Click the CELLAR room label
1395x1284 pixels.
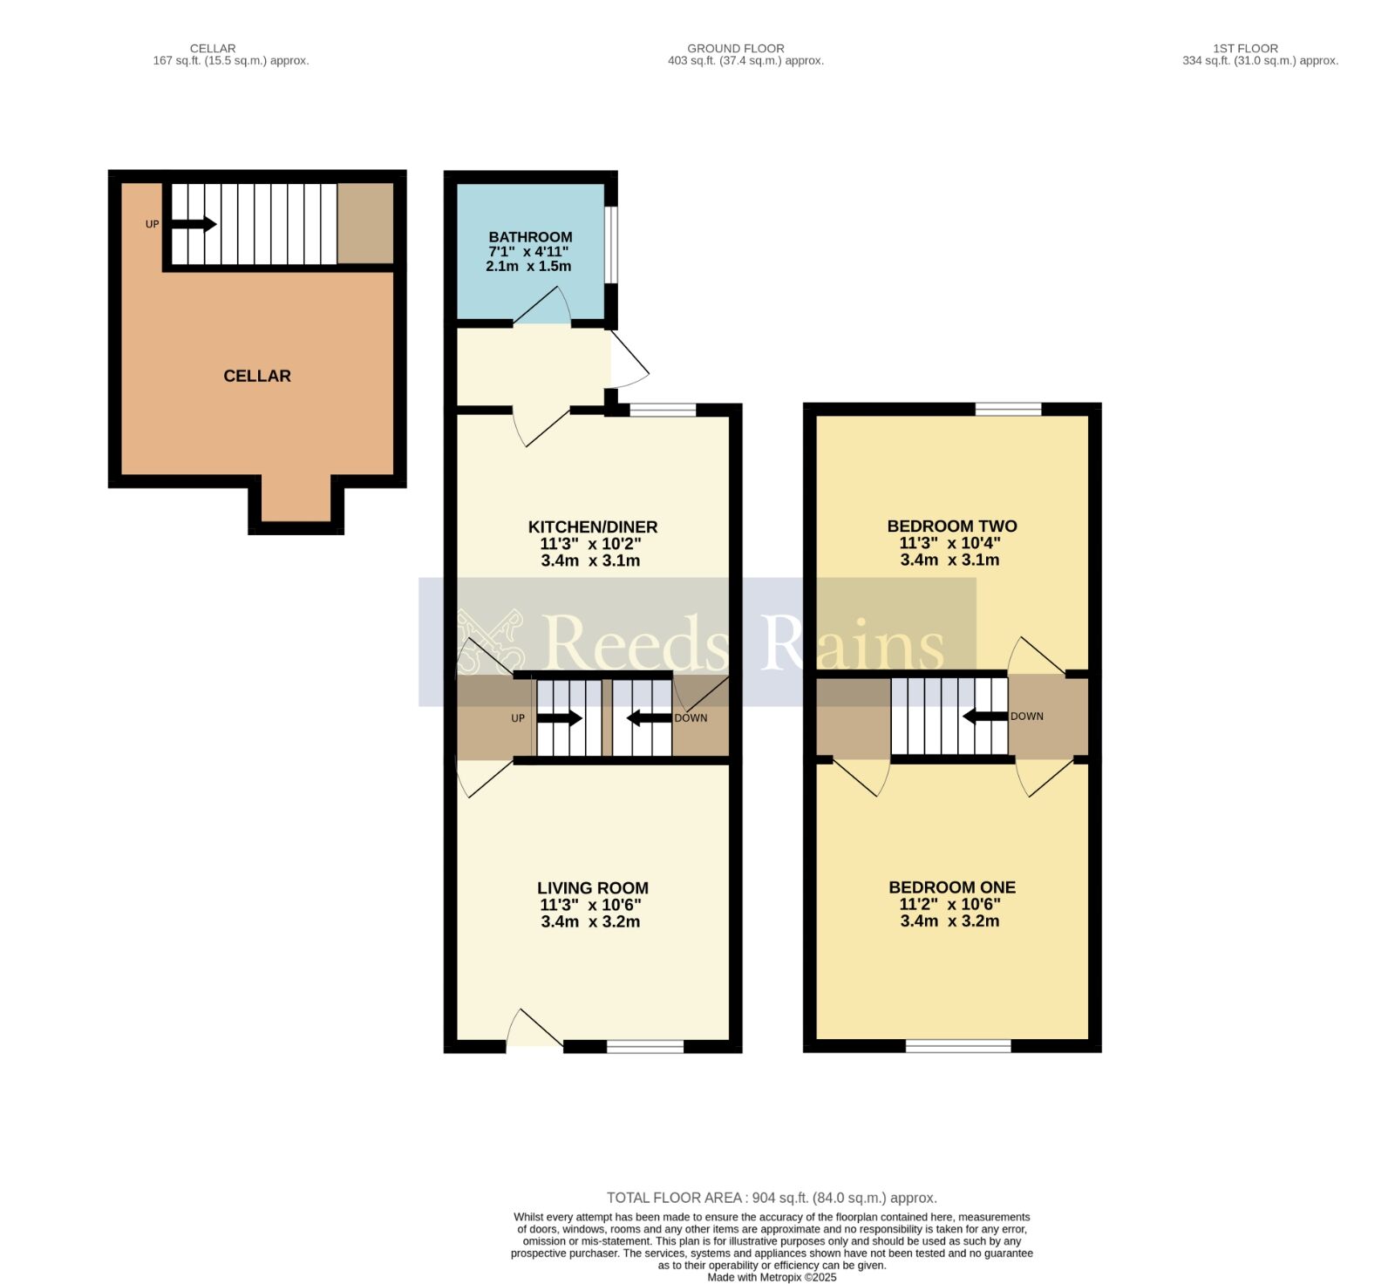257,376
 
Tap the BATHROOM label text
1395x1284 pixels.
530,237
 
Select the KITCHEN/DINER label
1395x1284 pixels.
593,527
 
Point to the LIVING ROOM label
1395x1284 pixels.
593,887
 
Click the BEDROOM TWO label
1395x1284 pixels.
952,526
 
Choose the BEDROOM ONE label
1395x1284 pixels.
952,887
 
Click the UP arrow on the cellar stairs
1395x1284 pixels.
193,224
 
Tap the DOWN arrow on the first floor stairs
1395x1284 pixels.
985,717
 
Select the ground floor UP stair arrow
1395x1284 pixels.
559,718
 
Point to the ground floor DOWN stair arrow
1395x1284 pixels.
650,718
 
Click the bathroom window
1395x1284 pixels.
612,245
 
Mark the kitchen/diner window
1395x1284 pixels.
663,409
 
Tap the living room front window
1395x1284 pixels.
645,1046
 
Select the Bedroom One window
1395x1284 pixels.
958,1045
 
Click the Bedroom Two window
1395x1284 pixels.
1009,409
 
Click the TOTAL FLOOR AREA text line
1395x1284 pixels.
772,1198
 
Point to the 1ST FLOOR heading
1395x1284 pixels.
1245,49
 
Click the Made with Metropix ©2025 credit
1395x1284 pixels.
772,1277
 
